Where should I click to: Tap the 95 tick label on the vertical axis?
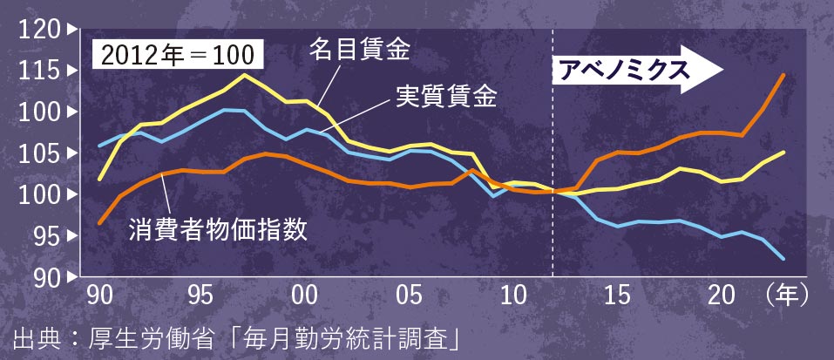coord(42,235)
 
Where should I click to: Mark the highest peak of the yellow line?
coord(243,75)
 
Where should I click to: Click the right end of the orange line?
coord(783,75)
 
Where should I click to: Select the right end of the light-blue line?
coord(783,258)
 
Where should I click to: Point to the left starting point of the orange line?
coord(100,223)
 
